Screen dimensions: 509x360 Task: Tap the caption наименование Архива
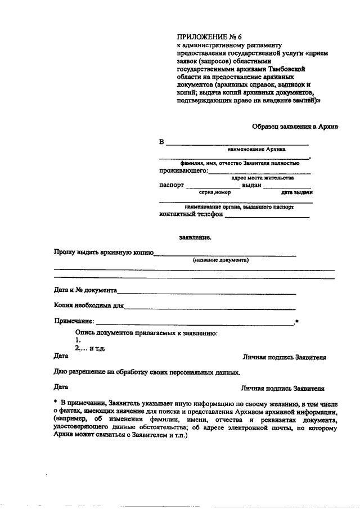pyautogui.click(x=256, y=150)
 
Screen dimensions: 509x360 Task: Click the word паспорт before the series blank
pyautogui.click(x=172, y=184)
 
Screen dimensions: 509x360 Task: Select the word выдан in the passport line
pyautogui.click(x=251, y=184)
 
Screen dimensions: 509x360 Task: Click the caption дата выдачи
pyautogui.click(x=297, y=192)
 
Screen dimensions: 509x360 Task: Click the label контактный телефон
pyautogui.click(x=191, y=214)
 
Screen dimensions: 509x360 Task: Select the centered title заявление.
pyautogui.click(x=195, y=237)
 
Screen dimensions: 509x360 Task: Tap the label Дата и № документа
pyautogui.click(x=85, y=291)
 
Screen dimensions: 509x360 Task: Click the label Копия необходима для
pyautogui.click(x=88, y=306)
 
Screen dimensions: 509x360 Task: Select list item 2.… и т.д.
pyautogui.click(x=90, y=348)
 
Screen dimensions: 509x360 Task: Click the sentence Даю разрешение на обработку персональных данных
pyautogui.click(x=147, y=372)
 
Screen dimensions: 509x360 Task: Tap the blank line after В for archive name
pyautogui.click(x=236, y=143)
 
